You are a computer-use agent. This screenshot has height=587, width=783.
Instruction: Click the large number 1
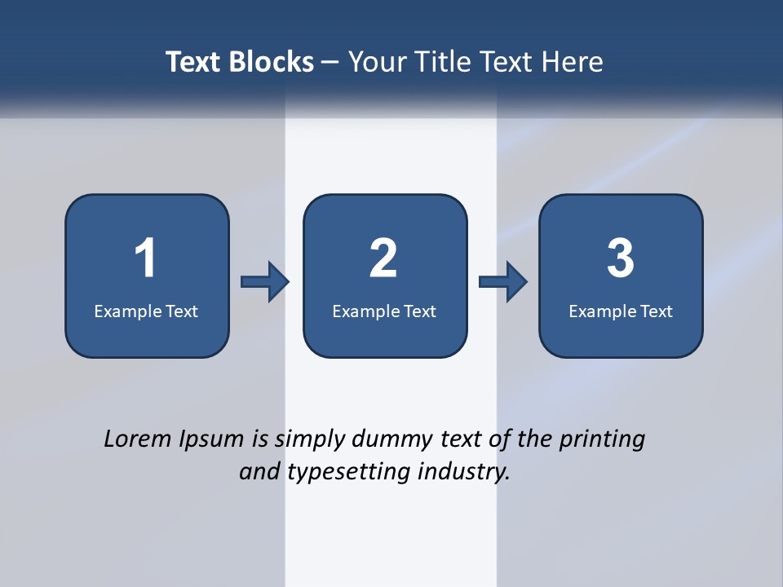coord(145,258)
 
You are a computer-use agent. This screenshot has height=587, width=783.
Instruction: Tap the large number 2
coord(383,258)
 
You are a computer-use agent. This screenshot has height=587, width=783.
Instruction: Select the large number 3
coord(621,258)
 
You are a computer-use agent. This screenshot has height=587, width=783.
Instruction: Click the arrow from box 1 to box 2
coord(265,282)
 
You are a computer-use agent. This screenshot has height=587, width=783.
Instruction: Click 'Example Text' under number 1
coord(146,311)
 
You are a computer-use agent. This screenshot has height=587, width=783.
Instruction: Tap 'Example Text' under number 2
coord(384,311)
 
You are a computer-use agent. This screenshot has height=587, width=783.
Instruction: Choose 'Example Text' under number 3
coord(621,311)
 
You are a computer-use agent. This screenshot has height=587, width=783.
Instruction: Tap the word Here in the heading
coord(570,62)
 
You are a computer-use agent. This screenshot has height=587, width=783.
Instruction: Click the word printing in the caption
coord(601,439)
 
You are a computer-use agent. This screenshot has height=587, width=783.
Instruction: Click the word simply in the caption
coord(309,439)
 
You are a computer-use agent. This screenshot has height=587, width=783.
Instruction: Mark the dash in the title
coord(331,62)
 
